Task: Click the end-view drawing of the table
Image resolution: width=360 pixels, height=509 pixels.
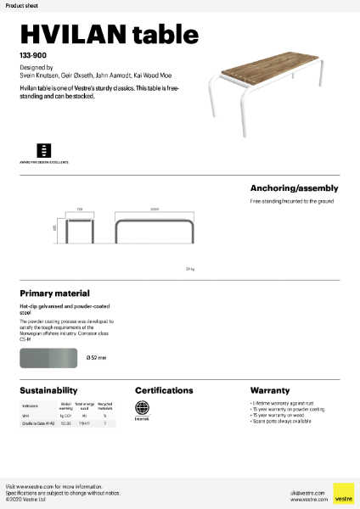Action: click(80, 228)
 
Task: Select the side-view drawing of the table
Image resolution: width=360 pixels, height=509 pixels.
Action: click(155, 228)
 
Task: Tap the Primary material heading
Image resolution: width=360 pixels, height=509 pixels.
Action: click(54, 293)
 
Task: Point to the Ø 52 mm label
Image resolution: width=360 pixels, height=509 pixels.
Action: click(96, 357)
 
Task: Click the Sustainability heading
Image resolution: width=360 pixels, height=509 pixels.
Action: click(49, 390)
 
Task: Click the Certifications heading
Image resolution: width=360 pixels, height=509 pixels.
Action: click(164, 390)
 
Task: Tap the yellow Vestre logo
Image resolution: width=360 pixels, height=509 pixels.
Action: click(343, 493)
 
